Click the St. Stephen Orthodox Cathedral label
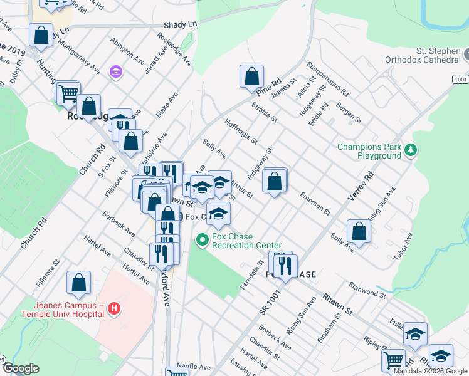[416, 55]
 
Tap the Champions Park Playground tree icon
[411, 150]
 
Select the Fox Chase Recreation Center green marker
[202, 239]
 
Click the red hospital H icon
[113, 308]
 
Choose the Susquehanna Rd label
[327, 79]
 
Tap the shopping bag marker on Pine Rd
[251, 77]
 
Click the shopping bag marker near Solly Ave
[359, 231]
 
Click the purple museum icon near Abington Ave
[115, 73]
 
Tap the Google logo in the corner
[20, 368]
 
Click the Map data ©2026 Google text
[430, 371]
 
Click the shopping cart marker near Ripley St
[394, 360]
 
